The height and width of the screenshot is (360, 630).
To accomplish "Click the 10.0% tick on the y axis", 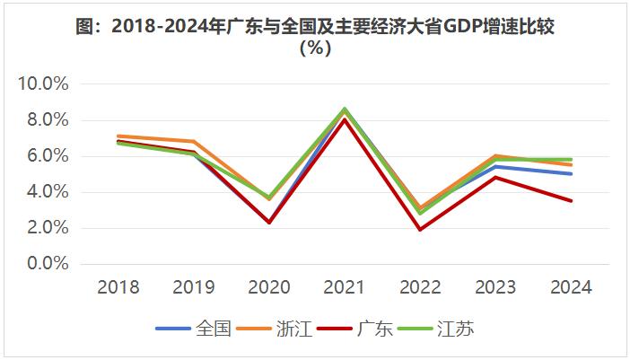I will (x=43, y=84).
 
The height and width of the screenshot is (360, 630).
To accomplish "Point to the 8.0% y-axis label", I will (x=47, y=120).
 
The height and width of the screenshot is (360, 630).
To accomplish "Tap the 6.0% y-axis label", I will (x=47, y=156).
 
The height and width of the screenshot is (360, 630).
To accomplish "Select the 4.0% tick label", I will (x=47, y=192).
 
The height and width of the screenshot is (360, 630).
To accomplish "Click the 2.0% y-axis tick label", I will (x=47, y=228).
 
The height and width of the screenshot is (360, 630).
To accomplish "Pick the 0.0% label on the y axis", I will (x=47, y=264).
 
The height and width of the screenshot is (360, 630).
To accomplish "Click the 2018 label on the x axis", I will (x=118, y=287).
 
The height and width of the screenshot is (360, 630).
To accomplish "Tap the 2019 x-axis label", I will (x=194, y=287).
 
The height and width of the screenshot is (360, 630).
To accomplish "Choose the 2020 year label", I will (x=269, y=287).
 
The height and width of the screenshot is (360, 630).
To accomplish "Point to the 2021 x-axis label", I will (x=345, y=287).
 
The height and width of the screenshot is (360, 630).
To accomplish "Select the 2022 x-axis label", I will (x=420, y=287).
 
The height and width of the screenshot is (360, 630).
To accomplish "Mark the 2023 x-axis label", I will (x=495, y=287).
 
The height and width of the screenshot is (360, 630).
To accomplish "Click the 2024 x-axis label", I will (x=571, y=287).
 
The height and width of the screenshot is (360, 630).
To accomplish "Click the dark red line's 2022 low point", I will (x=420, y=230).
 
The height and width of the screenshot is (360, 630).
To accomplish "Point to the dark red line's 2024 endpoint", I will (x=571, y=201).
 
